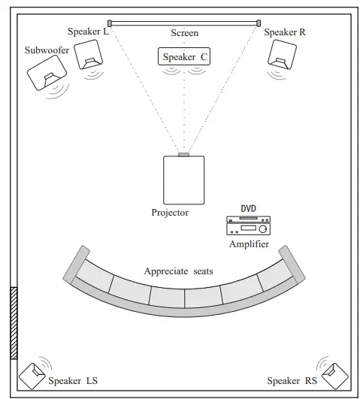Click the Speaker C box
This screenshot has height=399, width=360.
(x=184, y=56)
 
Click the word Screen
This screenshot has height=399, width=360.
(x=184, y=34)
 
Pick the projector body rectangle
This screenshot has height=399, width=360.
(x=184, y=180)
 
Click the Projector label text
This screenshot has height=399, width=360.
(x=170, y=213)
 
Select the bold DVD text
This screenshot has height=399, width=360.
(x=248, y=209)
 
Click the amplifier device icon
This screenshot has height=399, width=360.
(x=248, y=225)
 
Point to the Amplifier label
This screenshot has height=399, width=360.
(x=248, y=245)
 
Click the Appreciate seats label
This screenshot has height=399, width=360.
(x=177, y=271)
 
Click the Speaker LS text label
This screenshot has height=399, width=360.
(x=73, y=382)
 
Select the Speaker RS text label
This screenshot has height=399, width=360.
(x=292, y=382)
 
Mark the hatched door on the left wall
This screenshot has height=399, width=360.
(x=13, y=323)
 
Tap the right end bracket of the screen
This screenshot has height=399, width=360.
(x=259, y=23)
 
